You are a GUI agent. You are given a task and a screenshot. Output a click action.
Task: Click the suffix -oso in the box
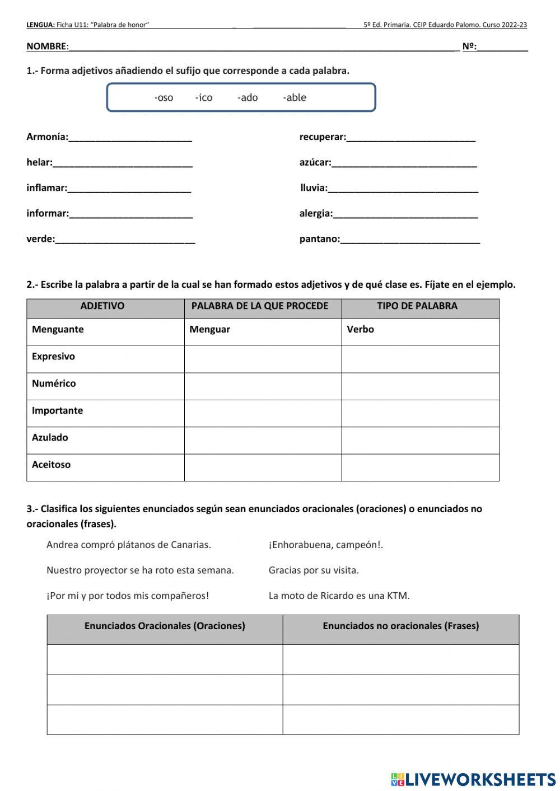tap(164, 98)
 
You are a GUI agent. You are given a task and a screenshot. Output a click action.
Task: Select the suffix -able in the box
tap(295, 98)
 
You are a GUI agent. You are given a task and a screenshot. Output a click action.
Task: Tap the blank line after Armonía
tap(130, 138)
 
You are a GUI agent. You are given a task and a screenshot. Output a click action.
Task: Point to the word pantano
tap(319, 239)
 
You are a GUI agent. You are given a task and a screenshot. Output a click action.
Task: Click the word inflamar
tap(46, 188)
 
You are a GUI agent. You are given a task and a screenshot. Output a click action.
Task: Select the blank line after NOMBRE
tap(263, 47)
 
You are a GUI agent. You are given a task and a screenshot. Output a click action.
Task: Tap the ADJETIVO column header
tap(102, 306)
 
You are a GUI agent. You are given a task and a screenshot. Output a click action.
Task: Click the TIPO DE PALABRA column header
tap(417, 306)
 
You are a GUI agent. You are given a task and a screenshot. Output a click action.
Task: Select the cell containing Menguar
tap(263, 330)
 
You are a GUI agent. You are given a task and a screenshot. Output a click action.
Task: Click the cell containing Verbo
tap(420, 330)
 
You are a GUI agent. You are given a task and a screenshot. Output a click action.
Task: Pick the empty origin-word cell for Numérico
tap(263, 386)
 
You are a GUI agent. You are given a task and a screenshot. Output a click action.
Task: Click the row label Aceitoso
tap(51, 465)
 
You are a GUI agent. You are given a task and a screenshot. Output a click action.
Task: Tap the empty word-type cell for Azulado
tap(420, 440)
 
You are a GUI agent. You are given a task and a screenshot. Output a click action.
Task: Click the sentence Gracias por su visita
tap(314, 570)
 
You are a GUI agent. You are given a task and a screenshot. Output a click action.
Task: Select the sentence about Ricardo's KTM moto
tap(339, 596)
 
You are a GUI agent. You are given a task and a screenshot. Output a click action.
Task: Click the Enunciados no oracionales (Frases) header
tap(400, 626)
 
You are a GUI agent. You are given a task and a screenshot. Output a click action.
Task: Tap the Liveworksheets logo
tap(473, 779)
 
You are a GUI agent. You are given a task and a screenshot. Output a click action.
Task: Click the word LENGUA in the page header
tap(40, 25)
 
